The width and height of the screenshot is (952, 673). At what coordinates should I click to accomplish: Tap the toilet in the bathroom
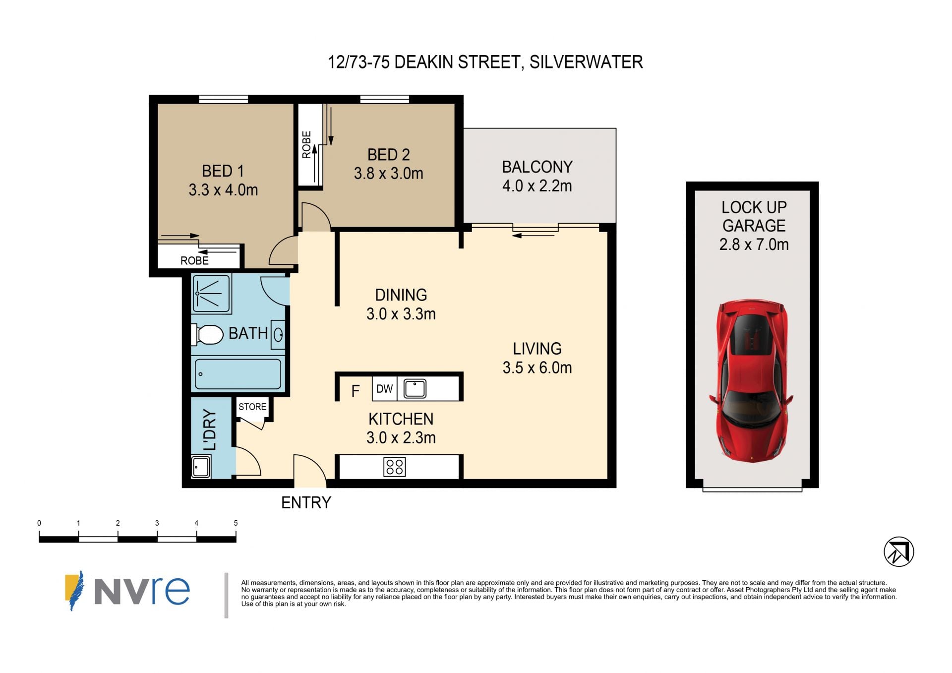207,335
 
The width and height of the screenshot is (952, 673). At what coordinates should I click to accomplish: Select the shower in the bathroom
212,294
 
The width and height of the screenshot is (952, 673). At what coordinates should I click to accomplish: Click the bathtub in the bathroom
238,374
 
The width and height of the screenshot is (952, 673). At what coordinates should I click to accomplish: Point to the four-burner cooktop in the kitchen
395,467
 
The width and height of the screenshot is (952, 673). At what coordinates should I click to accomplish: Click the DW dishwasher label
384,389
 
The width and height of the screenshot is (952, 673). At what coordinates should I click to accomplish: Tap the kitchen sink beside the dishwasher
415,388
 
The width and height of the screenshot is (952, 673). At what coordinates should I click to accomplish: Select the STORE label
252,407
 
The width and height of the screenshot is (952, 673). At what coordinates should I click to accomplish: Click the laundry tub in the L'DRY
201,467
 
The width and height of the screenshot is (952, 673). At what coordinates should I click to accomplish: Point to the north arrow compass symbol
898,552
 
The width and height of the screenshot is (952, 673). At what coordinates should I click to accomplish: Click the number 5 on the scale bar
236,523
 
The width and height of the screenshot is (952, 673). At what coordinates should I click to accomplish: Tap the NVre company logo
127,591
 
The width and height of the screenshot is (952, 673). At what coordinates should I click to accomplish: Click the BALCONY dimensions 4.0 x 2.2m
537,186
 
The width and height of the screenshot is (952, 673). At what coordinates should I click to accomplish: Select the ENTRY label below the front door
306,502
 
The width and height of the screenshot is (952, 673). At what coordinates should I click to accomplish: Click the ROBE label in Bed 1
194,260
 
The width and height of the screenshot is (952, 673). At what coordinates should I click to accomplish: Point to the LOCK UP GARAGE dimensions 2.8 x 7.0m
754,245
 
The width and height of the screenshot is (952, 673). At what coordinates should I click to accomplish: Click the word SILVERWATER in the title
586,62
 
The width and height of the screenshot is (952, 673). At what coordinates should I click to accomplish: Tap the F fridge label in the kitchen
355,391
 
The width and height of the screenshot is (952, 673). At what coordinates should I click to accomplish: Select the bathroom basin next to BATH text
278,335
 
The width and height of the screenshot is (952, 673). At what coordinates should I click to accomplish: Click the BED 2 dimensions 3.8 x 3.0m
389,174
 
